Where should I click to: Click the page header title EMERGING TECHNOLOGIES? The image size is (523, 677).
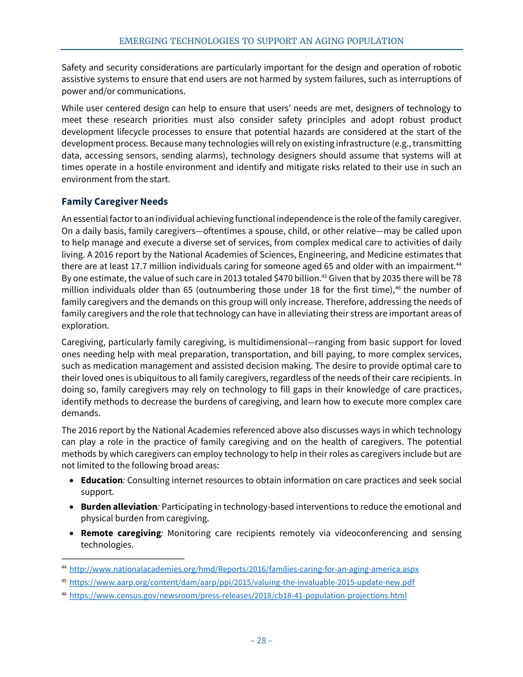261,41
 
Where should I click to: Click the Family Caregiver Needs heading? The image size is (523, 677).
115,201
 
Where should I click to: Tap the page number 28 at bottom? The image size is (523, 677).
261,640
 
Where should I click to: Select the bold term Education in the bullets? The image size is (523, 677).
101,481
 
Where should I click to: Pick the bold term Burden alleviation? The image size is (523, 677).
119,507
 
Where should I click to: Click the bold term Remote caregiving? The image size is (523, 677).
121,533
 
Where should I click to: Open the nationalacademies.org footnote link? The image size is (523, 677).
244,569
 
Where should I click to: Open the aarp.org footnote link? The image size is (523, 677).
242,582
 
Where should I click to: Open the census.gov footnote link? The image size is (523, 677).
238,596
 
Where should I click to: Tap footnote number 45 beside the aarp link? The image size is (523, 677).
64,582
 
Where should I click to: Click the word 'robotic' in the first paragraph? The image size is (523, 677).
446,68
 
